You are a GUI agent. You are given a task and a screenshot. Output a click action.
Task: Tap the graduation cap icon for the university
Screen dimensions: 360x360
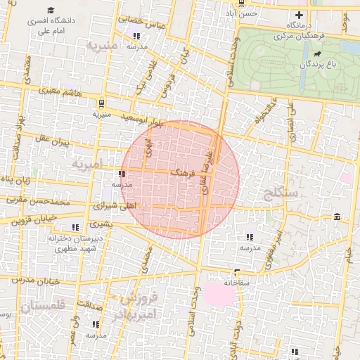tap(51, 10)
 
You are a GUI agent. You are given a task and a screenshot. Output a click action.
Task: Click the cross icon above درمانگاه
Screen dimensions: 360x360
tap(300, 15)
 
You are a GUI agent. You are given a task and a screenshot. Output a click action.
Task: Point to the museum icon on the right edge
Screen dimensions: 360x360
tap(337, 216)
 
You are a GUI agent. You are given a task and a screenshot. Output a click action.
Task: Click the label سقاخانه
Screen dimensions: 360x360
tap(237, 282)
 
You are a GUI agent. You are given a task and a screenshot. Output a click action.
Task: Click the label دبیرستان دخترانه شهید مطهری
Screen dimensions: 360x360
tap(71, 244)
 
